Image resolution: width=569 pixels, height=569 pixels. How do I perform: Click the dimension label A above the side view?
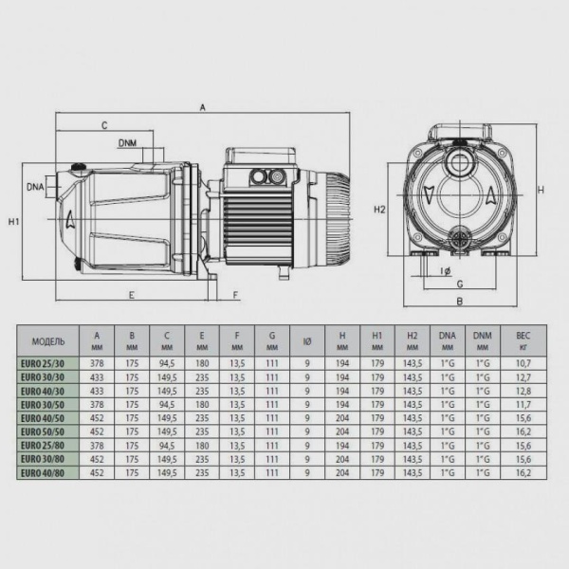click(202, 108)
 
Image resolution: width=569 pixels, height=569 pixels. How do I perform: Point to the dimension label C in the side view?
click(103, 125)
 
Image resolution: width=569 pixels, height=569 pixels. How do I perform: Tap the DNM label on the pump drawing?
click(129, 143)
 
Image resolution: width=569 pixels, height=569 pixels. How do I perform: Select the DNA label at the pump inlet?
click(36, 187)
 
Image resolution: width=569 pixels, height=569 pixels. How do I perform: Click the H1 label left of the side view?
click(13, 222)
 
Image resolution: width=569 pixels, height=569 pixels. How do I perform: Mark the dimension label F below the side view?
click(235, 294)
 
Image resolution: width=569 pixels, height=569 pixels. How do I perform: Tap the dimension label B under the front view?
click(458, 303)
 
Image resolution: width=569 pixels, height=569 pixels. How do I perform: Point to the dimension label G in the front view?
click(459, 283)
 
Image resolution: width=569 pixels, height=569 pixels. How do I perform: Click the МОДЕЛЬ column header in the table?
click(47, 340)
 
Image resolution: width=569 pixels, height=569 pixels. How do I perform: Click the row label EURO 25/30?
click(47, 363)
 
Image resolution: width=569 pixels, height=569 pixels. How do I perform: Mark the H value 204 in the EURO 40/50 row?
click(341, 417)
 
